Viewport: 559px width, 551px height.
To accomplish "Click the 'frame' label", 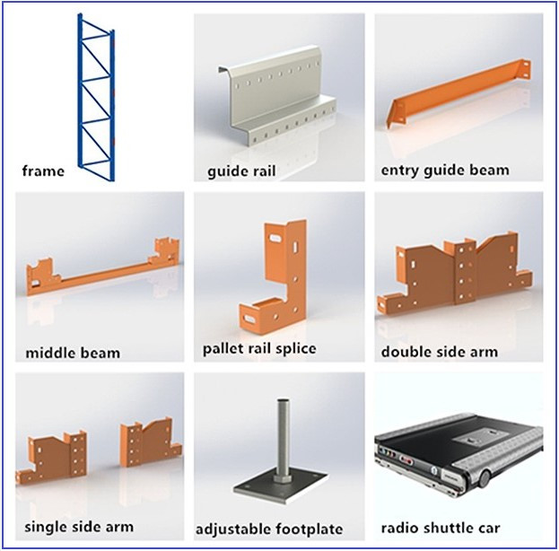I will point(43,170).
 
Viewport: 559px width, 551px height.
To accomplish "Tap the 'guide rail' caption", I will point(241,170).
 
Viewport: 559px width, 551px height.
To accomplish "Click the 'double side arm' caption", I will point(440,351).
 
